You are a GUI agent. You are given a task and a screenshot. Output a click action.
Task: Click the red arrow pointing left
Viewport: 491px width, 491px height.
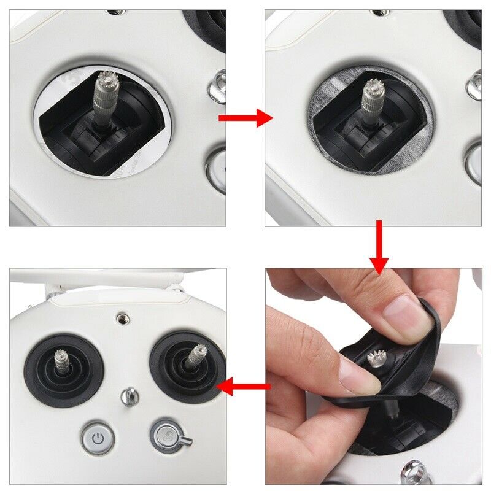(x=244, y=386)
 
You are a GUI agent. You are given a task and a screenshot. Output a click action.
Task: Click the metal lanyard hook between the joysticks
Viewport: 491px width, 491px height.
(x=130, y=396)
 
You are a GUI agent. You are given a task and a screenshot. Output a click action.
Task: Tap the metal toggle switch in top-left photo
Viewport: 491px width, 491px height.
(x=218, y=86)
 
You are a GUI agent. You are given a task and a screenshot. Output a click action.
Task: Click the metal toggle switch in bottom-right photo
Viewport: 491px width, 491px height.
(x=411, y=473)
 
